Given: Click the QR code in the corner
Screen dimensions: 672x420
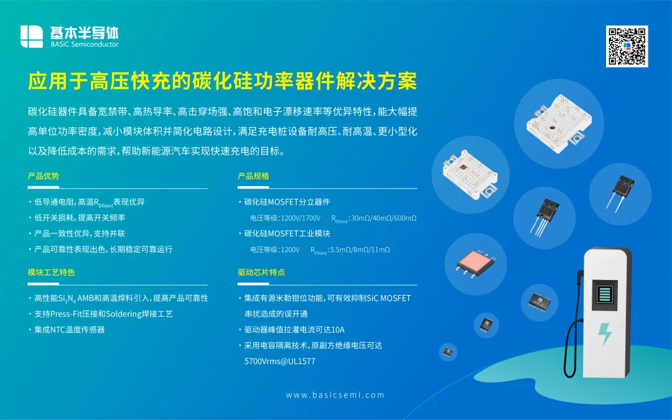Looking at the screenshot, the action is click(x=627, y=46).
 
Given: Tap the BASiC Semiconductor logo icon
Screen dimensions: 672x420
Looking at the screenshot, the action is click(x=32, y=37).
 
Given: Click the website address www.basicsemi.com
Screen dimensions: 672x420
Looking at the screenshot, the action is click(x=335, y=394).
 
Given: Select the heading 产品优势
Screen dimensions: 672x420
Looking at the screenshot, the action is click(x=44, y=175).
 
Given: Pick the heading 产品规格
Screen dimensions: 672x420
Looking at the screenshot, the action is click(x=253, y=175).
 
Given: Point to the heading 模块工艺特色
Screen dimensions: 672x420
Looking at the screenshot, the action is click(x=52, y=272).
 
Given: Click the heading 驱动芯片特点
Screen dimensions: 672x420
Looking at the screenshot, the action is click(x=261, y=272).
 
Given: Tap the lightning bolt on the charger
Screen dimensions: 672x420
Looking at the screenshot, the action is click(x=605, y=334).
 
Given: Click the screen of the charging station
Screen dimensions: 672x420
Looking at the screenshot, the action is click(x=605, y=295).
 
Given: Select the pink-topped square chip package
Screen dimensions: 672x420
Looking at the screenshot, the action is click(x=476, y=262).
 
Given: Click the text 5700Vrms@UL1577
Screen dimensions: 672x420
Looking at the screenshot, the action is click(x=280, y=362).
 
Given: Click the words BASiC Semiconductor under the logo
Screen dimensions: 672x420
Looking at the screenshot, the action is click(x=85, y=44).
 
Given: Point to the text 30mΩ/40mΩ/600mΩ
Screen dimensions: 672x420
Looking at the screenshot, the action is click(x=383, y=218).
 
